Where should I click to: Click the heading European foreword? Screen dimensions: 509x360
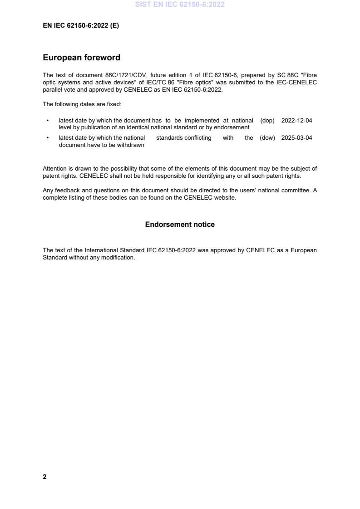pos(81,58)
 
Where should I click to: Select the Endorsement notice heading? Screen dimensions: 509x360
pos(180,225)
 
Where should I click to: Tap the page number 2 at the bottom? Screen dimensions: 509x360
pos(44,477)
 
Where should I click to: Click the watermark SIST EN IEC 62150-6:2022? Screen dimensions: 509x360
pos(180,5)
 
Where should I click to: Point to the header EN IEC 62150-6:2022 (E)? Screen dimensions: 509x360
pos(81,26)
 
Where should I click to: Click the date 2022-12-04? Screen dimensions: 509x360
pos(296,121)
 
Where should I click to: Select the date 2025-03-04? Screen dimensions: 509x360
pos(296,138)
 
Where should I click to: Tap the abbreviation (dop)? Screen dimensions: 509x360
pos(267,121)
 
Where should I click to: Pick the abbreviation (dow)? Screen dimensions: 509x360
pos(267,138)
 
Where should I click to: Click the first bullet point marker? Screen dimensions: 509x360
pos(48,121)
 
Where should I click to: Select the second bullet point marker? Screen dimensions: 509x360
pos(48,138)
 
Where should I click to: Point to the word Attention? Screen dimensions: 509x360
pos(54,169)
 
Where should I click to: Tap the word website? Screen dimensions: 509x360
pos(225,197)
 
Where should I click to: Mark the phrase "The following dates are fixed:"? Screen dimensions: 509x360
pos(82,104)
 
